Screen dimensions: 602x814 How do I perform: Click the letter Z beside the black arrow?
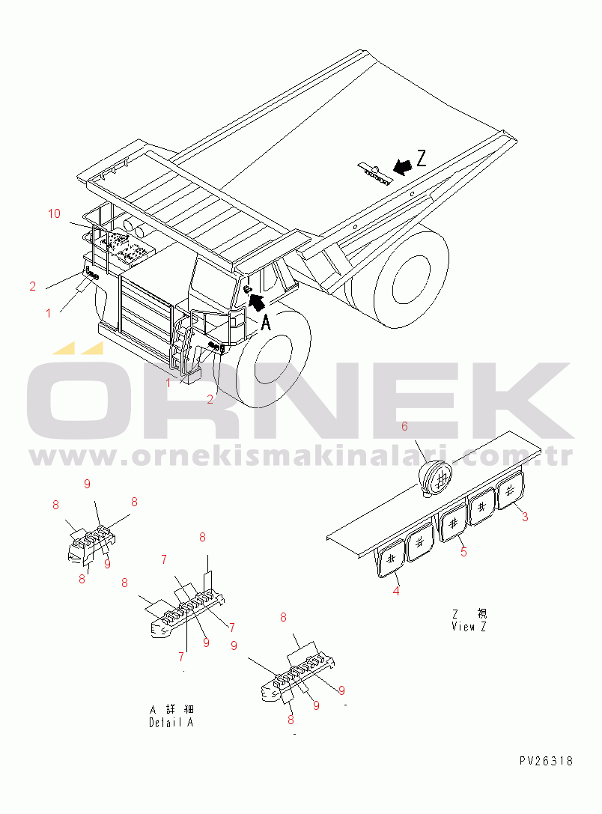click(421, 158)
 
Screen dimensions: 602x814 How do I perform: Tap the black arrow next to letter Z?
click(402, 167)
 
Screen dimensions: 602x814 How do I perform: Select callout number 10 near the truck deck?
click(55, 213)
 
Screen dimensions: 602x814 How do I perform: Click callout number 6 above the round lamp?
click(405, 426)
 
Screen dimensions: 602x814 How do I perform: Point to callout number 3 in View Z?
click(525, 517)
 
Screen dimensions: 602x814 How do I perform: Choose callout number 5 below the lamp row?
click(464, 552)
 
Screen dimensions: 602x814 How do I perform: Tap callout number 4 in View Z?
click(396, 591)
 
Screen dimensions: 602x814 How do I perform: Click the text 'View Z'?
click(469, 627)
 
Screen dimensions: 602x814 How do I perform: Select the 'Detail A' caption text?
click(171, 722)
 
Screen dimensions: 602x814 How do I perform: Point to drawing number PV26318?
click(546, 761)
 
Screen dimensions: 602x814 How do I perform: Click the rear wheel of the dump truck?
click(410, 279)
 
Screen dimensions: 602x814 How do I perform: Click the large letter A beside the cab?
click(266, 323)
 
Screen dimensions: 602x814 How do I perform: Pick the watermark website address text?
click(301, 456)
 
